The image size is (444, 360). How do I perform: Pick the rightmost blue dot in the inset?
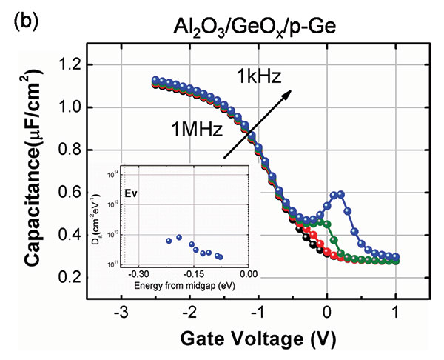[x=220, y=257]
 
